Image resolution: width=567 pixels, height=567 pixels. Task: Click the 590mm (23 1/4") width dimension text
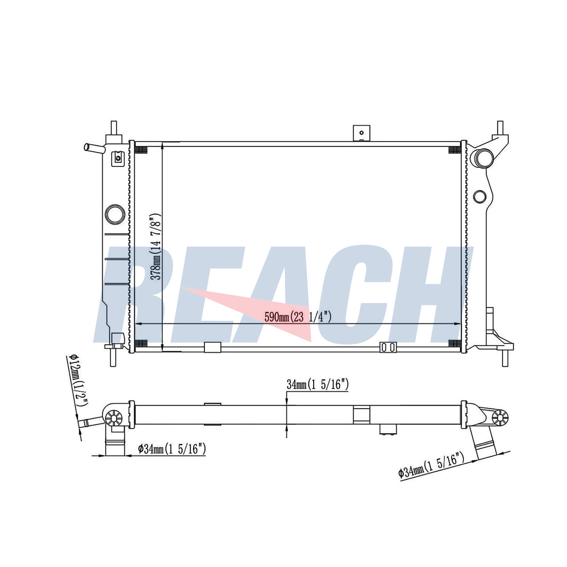(x=298, y=316)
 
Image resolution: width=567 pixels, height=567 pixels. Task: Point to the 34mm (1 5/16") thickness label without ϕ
(x=318, y=384)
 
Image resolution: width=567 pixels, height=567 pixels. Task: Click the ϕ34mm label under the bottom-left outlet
(x=172, y=449)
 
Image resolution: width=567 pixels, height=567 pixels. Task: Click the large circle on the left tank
(x=115, y=214)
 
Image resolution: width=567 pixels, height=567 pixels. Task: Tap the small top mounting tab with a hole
(x=361, y=133)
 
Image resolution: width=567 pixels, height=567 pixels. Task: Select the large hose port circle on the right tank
(x=484, y=158)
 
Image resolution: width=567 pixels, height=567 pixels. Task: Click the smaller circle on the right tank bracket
(x=479, y=197)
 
